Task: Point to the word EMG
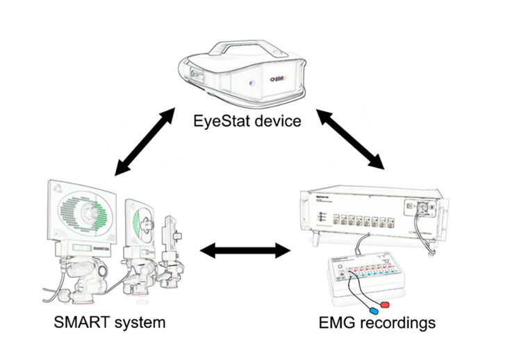[336, 322]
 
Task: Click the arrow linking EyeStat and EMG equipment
[350, 137]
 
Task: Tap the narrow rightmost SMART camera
[170, 240]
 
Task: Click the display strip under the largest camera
[79, 247]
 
